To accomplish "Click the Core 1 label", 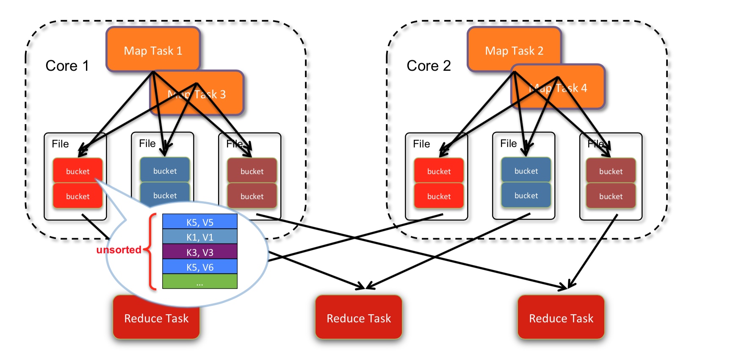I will [x=67, y=66].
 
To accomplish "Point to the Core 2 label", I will [x=429, y=66].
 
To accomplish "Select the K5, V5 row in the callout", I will [x=200, y=222].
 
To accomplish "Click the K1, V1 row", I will [x=200, y=237].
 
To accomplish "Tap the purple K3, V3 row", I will [x=200, y=252].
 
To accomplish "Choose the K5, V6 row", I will [x=200, y=267].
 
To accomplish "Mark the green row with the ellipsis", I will [x=200, y=282].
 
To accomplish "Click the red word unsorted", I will [x=119, y=250].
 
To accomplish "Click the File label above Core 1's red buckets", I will [x=60, y=144].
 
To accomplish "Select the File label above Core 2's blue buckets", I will [x=508, y=144].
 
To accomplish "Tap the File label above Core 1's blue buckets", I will [x=147, y=144].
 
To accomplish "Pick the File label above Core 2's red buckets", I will [x=421, y=144].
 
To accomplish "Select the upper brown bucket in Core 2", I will [x=611, y=171].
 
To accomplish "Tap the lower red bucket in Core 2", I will [x=439, y=196].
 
